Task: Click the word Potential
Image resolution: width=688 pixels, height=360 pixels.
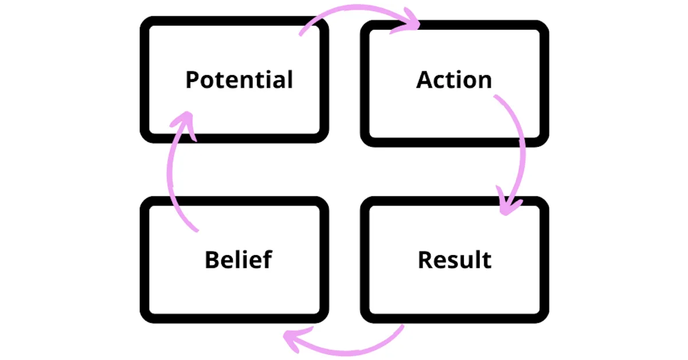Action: pyautogui.click(x=239, y=80)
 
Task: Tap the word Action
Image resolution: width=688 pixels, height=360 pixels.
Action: pyautogui.click(x=454, y=80)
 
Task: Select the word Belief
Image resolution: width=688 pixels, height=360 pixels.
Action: pyautogui.click(x=238, y=260)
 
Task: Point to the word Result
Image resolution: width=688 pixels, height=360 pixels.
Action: pyautogui.click(x=455, y=260)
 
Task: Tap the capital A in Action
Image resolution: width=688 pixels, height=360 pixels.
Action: pyautogui.click(x=424, y=80)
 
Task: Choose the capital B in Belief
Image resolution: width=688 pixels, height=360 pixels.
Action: pyautogui.click(x=212, y=260)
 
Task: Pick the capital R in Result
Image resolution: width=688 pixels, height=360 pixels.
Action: pyautogui.click(x=425, y=260)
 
